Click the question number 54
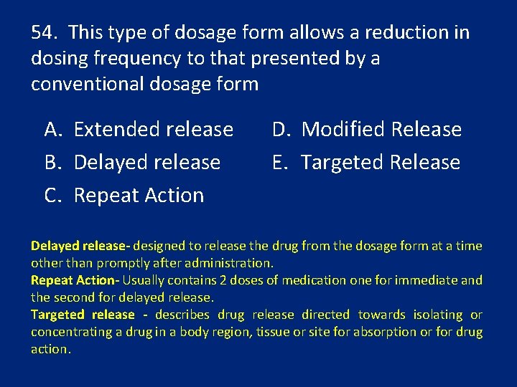(x=44, y=33)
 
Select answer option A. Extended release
(x=139, y=130)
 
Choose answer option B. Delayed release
(x=132, y=163)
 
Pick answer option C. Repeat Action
(x=124, y=195)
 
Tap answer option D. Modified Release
(x=366, y=130)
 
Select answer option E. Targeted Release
(x=365, y=163)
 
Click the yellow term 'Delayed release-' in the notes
(x=80, y=246)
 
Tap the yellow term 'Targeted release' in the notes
(x=83, y=315)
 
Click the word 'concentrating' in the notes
(x=70, y=332)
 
